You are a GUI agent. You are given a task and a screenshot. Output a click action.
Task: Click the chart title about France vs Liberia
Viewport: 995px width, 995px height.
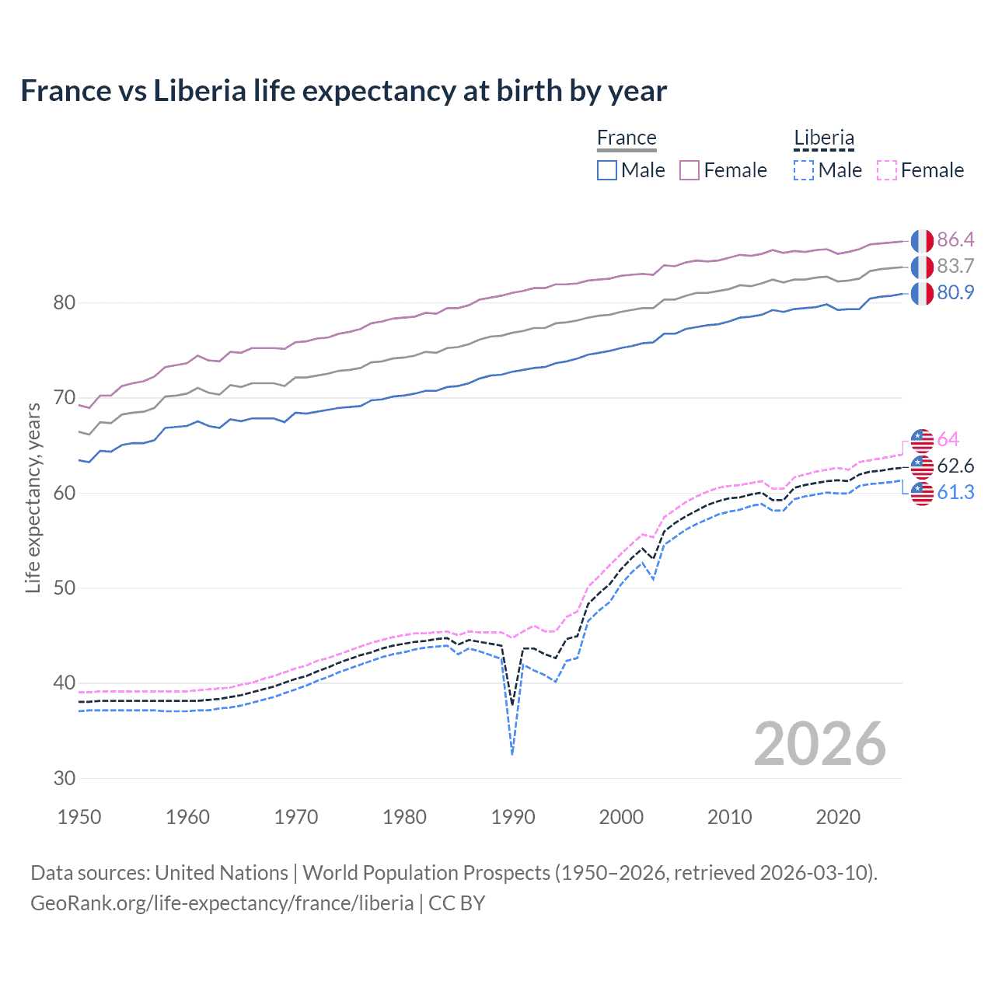click(343, 91)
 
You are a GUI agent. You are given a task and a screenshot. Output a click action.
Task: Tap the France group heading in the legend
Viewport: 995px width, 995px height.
click(627, 138)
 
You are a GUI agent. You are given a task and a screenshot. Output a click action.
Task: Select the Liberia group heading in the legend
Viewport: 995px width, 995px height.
click(824, 138)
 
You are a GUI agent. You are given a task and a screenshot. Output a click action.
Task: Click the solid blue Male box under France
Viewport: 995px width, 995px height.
click(607, 170)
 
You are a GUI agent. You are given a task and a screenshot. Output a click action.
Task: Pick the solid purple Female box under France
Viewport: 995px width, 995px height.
click(690, 170)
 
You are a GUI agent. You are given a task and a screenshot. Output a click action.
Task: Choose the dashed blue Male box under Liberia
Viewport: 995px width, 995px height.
click(804, 170)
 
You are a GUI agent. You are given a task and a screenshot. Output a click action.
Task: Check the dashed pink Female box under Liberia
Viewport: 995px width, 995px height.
click(886, 170)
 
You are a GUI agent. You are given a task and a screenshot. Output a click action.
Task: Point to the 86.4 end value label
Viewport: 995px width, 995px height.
click(955, 239)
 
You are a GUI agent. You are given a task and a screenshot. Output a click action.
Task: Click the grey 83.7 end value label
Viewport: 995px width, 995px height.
click(955, 266)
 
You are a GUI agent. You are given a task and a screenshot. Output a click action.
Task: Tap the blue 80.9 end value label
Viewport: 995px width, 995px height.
click(955, 292)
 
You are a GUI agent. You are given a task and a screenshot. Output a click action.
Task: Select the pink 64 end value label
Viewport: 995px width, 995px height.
click(948, 439)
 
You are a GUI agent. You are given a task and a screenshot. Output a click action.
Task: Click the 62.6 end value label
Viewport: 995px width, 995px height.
click(955, 466)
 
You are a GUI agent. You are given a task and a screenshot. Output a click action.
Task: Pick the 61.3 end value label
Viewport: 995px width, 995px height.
click(955, 492)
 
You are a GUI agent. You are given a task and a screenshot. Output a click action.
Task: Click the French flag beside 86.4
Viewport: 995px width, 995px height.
click(922, 240)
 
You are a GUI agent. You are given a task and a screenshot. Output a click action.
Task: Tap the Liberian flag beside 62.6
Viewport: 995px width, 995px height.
click(922, 466)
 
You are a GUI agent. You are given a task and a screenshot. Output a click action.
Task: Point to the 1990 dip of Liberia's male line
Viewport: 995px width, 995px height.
click(512, 753)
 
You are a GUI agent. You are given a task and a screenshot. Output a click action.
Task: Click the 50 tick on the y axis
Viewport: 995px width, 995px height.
click(65, 588)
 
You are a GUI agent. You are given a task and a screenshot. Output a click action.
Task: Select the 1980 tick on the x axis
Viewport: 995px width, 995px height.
click(404, 817)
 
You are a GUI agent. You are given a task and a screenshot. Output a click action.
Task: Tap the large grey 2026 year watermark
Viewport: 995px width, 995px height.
click(819, 744)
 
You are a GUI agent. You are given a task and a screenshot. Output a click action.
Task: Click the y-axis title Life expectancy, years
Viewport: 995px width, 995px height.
click(33, 497)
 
